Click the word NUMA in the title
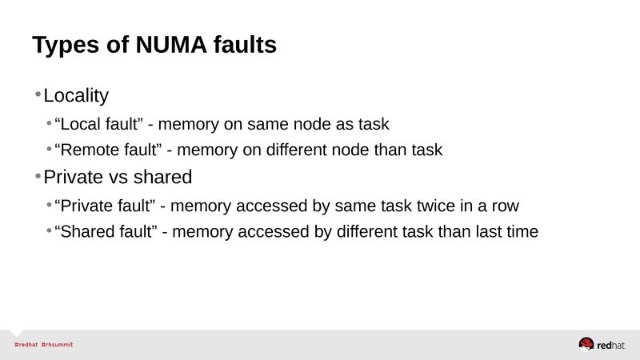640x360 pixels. pyautogui.click(x=171, y=45)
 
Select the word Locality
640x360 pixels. pyautogui.click(x=76, y=96)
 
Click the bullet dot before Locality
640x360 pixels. pyautogui.click(x=38, y=94)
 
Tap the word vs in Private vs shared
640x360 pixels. pyautogui.click(x=119, y=178)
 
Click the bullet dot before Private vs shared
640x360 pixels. pyautogui.click(x=38, y=176)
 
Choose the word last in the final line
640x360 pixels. pyautogui.click(x=489, y=231)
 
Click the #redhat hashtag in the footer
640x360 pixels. pyautogui.click(x=26, y=345)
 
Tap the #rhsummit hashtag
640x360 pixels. pyautogui.click(x=57, y=345)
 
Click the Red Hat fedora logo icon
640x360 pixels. pyautogui.click(x=586, y=344)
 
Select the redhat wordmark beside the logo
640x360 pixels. pyautogui.click(x=611, y=346)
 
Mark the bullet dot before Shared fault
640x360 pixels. pyautogui.click(x=49, y=230)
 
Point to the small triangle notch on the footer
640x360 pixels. pyautogui.click(x=16, y=333)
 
